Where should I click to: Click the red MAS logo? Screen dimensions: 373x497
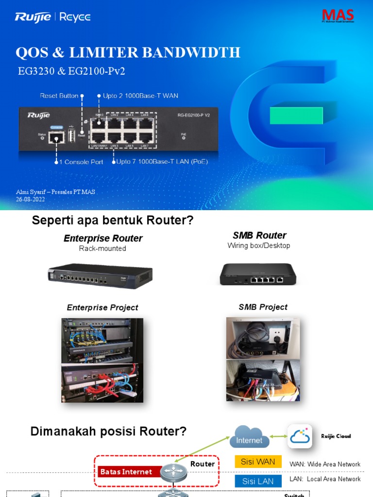338,15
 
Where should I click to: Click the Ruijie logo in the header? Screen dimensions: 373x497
34,17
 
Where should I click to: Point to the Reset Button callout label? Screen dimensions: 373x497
59,96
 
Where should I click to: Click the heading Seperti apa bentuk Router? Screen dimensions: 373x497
113,220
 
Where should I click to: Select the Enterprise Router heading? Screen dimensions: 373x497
103,238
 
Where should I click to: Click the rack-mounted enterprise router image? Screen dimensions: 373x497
100,275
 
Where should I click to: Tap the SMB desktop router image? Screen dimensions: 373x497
258,274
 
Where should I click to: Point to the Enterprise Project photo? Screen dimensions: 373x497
102,360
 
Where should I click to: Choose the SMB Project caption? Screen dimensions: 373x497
263,307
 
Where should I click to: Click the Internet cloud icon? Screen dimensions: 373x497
249,436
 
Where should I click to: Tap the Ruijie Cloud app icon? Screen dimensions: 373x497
300,436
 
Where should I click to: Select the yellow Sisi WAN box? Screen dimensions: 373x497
258,462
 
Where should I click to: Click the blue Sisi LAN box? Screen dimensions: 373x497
258,481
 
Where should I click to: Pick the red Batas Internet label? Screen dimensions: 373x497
126,472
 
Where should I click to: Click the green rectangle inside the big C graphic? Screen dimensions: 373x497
296,116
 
